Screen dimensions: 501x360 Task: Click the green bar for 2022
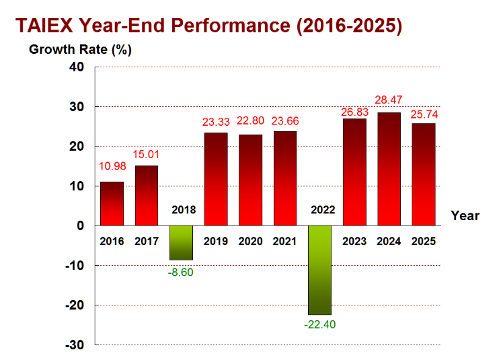(319, 270)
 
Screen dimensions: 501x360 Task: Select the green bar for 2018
(181, 243)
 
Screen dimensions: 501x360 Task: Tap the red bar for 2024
(389, 169)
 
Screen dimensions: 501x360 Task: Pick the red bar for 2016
(112, 204)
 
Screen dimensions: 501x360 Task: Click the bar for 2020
(250, 180)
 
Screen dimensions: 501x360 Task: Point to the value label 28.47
(389, 100)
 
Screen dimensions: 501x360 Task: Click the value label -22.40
(320, 324)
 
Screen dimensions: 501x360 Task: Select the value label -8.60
(180, 272)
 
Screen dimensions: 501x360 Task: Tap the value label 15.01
(146, 154)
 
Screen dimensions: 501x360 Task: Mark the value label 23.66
(285, 121)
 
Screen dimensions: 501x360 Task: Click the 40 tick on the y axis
(77, 67)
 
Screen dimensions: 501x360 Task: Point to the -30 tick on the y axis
(75, 345)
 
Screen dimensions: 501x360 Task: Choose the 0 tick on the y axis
(80, 225)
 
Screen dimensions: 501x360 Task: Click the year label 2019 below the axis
(216, 241)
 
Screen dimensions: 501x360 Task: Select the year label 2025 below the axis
(424, 241)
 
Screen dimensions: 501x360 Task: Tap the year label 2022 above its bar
(323, 210)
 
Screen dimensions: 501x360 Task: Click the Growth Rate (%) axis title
(80, 50)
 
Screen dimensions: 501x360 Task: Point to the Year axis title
(465, 216)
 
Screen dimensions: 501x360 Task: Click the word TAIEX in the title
(44, 26)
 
